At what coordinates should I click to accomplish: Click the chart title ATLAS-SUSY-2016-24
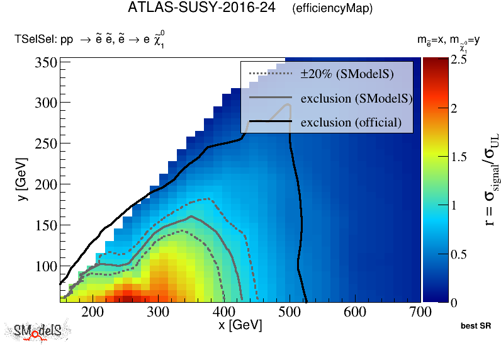pos(201,9)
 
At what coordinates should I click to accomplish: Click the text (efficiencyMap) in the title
pos(332,9)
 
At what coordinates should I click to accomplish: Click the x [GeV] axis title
pos(240,326)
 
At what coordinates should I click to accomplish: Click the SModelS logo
pos(37,332)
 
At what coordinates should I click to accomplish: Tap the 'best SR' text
pos(475,327)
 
